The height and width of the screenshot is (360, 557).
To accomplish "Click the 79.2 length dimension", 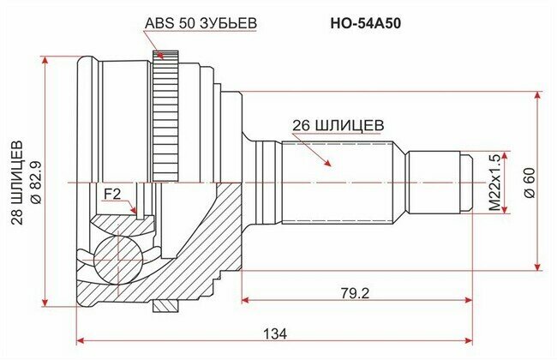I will [x=353, y=292].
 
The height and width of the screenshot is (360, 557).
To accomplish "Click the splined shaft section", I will [x=338, y=182].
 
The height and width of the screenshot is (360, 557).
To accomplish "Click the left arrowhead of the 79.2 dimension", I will [x=247, y=300].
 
